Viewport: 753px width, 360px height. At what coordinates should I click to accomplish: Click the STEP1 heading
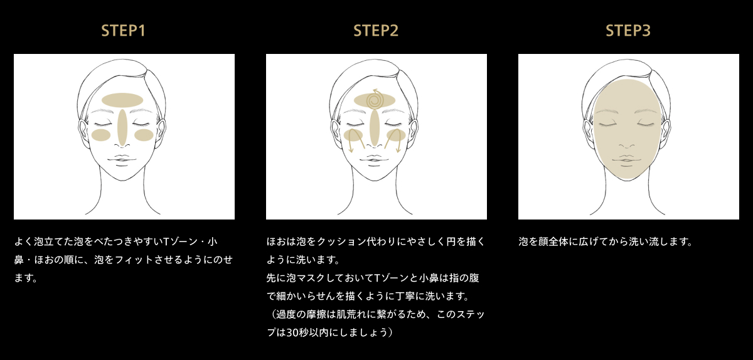[124, 31]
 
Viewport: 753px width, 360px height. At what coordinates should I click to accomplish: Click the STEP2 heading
[376, 31]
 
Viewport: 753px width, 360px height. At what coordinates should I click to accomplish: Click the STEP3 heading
[628, 31]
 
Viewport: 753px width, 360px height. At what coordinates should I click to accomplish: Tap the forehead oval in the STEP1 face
[122, 100]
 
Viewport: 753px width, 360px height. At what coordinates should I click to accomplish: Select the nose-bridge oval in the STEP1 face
[122, 128]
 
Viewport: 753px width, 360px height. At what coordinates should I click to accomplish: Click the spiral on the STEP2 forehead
[375, 99]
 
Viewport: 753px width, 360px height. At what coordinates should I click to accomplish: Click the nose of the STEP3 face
[627, 146]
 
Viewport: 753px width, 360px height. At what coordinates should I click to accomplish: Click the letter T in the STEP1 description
[166, 241]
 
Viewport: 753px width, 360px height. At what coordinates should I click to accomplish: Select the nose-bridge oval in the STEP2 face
[375, 128]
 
